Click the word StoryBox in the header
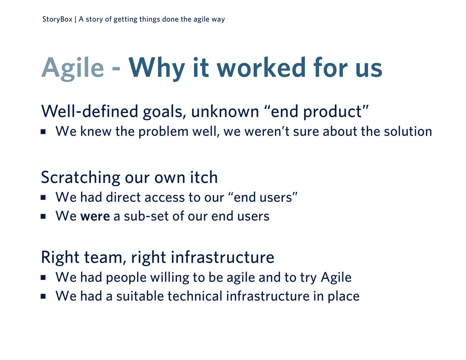tap(57, 20)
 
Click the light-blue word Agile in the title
tap(73, 69)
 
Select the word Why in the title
tap(157, 69)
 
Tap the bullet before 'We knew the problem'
tap(43, 132)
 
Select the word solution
tap(408, 132)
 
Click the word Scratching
tap(81, 178)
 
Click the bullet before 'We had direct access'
tap(43, 197)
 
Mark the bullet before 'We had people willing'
tap(43, 277)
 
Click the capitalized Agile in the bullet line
tap(336, 278)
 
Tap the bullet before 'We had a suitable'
tap(43, 296)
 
